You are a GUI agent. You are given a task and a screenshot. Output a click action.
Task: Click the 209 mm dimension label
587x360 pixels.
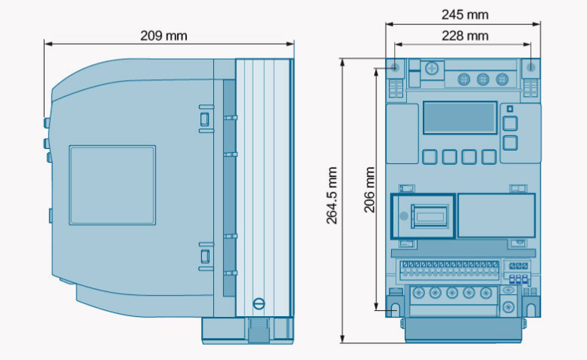coord(163,36)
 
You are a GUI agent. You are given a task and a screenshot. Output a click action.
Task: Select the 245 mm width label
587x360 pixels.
coord(465,15)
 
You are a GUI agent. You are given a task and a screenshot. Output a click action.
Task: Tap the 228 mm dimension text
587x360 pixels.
coord(465,36)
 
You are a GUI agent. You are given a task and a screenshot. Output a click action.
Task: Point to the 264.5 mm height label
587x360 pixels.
coord(331,195)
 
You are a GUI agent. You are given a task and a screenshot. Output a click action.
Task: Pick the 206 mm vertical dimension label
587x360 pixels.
coord(369,189)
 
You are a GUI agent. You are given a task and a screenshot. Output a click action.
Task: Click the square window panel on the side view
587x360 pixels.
coord(112,185)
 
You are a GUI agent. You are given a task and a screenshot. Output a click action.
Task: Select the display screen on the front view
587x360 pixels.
coord(460,117)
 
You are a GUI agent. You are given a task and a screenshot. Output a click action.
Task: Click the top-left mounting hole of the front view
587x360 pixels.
coord(395,68)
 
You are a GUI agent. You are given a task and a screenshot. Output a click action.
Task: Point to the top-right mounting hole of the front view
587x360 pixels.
coord(531,68)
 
